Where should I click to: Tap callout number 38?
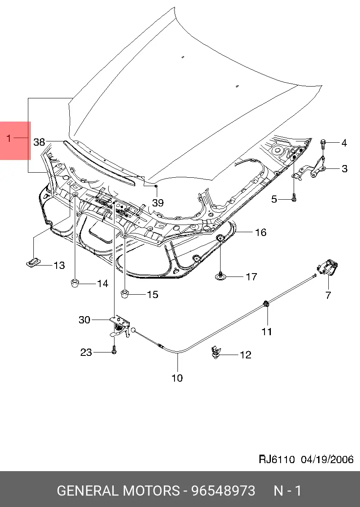(39, 142)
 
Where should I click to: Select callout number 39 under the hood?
(158, 203)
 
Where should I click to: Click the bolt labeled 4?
(323, 144)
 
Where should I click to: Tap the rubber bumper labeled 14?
(75, 282)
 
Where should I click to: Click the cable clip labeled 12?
(216, 352)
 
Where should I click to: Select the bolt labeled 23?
(114, 351)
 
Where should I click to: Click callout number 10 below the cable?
(177, 378)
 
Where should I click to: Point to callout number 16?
(261, 232)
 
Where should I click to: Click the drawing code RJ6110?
(276, 459)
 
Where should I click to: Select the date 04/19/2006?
(327, 459)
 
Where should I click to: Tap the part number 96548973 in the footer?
(224, 491)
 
